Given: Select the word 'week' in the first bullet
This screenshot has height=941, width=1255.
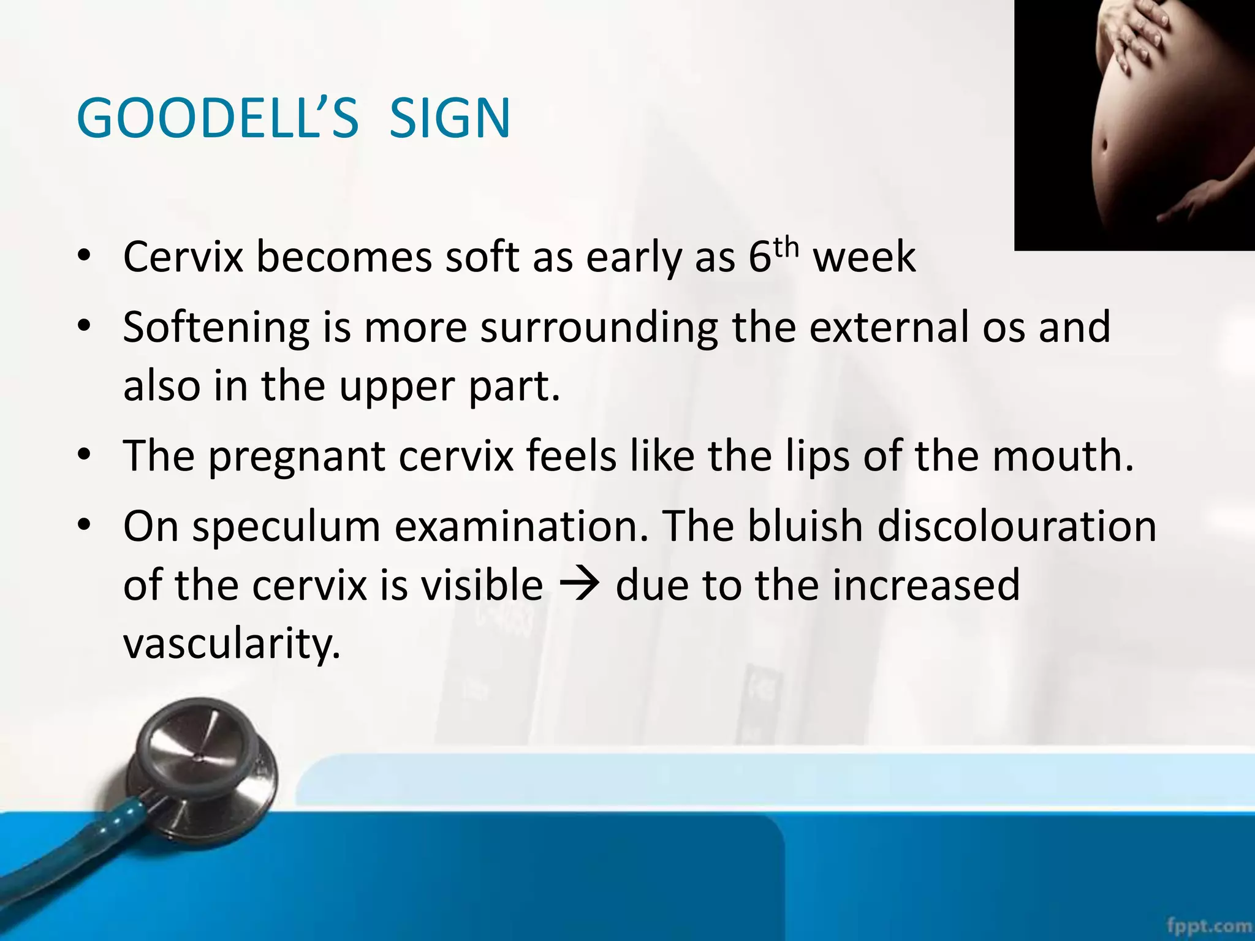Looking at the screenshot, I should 864,257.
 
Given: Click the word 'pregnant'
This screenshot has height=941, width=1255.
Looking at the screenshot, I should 297,457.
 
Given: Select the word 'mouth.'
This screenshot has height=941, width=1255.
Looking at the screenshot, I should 1063,456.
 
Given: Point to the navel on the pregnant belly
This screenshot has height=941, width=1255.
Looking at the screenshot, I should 1104,147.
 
